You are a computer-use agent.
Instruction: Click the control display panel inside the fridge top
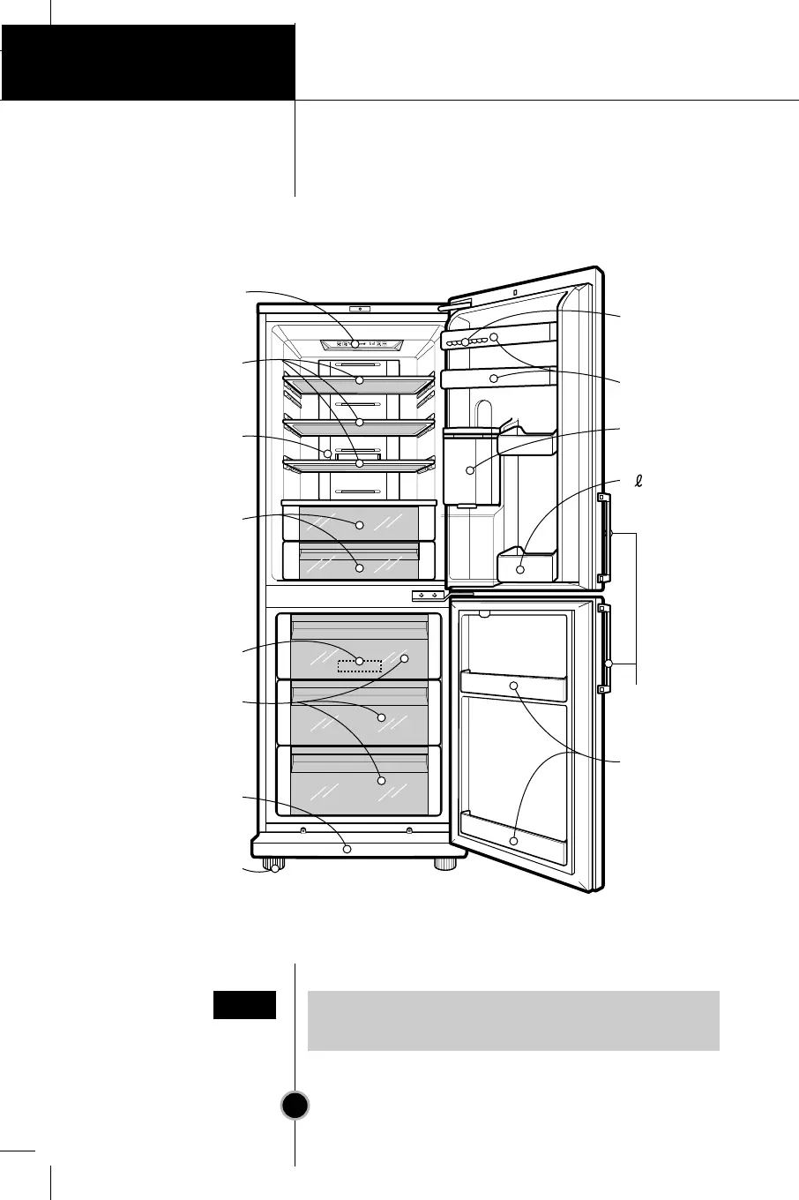point(359,344)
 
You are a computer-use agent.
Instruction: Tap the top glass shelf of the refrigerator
point(359,380)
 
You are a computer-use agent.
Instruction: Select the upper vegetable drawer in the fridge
point(359,523)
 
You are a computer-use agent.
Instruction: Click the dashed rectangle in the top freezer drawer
point(360,664)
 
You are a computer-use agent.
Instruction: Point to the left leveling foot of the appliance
point(275,866)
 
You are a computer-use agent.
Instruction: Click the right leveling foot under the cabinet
point(445,866)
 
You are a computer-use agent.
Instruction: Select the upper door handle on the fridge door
point(604,538)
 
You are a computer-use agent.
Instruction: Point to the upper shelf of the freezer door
point(513,685)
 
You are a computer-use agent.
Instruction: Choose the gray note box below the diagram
point(513,1020)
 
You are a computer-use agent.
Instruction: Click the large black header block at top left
point(147,62)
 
